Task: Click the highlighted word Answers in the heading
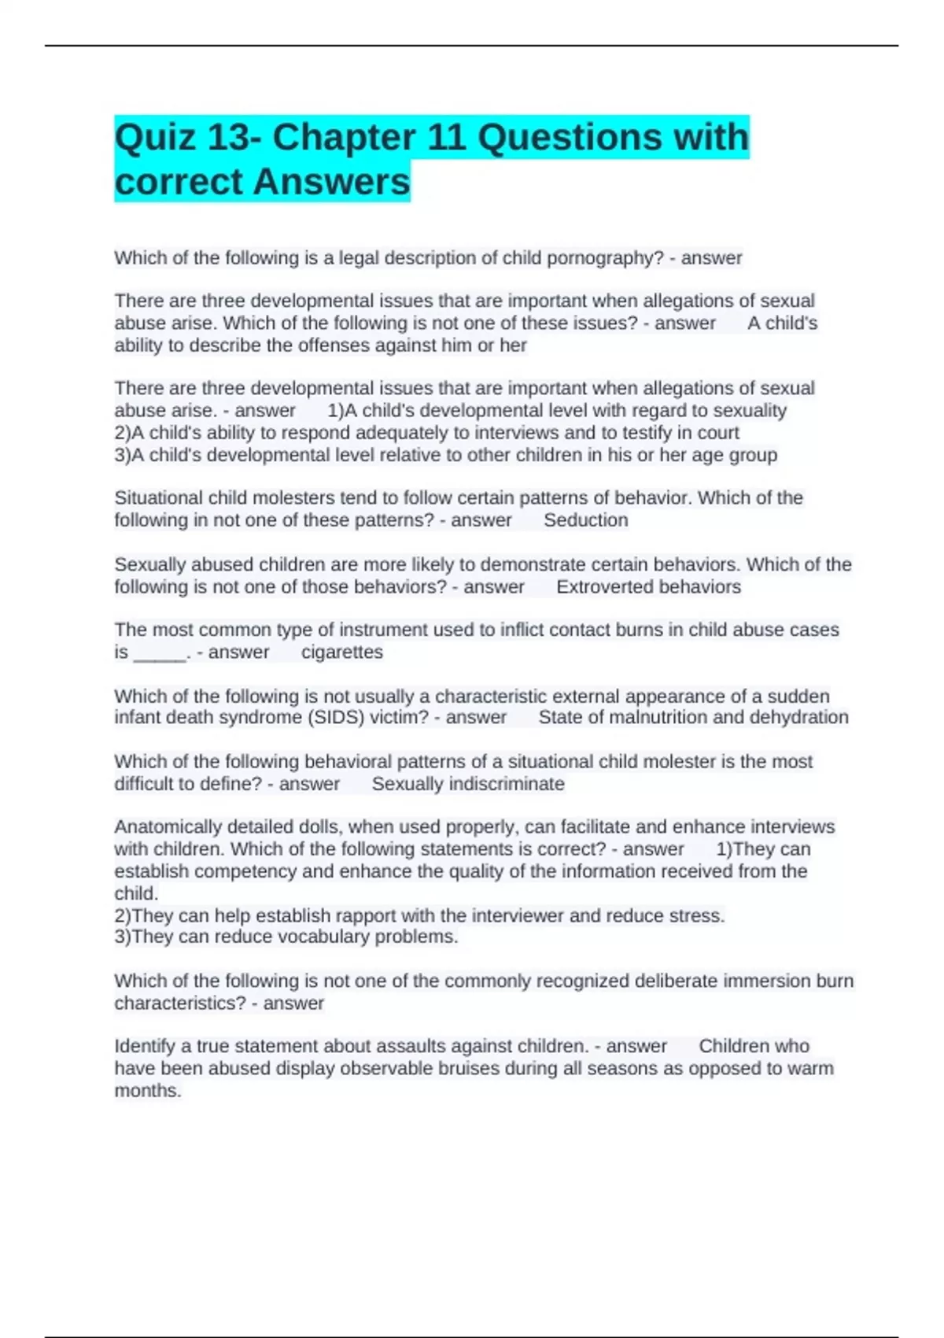click(x=332, y=182)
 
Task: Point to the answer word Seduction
click(x=586, y=520)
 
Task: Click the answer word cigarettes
click(x=342, y=652)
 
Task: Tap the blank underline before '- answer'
click(x=160, y=653)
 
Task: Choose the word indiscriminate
click(x=507, y=784)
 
